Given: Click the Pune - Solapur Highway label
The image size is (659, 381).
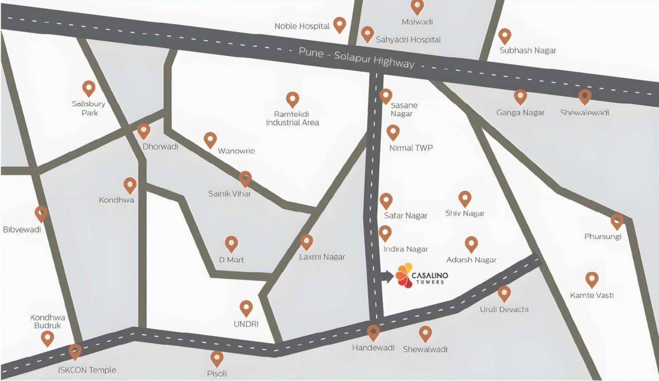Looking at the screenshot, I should point(356,58).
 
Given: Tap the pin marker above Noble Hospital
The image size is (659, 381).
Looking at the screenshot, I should point(339,24).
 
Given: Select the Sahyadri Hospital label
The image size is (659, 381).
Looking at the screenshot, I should point(408,40).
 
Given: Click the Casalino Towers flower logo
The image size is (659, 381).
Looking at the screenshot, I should point(405,275).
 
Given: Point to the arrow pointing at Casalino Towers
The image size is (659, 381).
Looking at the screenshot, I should point(387,276).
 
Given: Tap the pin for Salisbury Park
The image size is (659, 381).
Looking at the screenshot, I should point(89,88).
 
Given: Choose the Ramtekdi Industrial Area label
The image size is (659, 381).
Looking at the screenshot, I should point(293,118).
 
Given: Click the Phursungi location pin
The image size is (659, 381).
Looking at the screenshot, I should point(617,221).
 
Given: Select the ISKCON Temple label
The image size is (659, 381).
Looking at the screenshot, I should point(87,370).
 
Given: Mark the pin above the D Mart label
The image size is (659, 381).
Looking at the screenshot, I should point(232,244).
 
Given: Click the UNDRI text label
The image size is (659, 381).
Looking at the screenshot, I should point(246,324).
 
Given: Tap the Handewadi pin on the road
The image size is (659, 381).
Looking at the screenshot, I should point(373,332).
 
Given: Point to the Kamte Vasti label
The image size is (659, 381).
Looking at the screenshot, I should point(592,296).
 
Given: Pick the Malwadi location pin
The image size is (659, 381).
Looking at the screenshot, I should point(418,7).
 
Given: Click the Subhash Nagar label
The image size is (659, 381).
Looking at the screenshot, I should point(528,51).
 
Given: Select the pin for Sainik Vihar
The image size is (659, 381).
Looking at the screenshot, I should point(245,179).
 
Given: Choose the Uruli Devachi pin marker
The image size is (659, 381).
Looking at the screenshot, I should point(504,293).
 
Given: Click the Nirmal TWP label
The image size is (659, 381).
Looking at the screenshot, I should point(411,148).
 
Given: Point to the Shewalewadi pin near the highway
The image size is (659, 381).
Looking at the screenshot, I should point(585,97).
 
